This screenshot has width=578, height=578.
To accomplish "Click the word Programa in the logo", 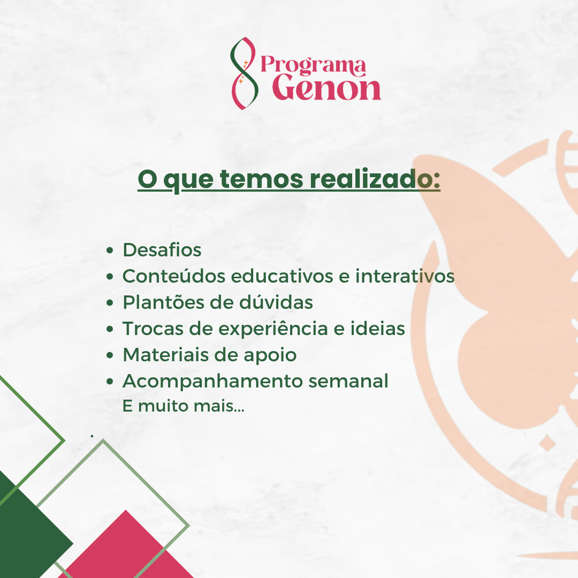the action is pos(313,65).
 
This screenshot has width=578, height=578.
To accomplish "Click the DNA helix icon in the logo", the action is pos(244,73).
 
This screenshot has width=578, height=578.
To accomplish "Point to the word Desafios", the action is pos(162,250).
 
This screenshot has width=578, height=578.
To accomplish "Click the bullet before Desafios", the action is pos(110,250).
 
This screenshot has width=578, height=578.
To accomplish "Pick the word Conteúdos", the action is pos(174,276).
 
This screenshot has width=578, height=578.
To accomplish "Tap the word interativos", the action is pos(405,276).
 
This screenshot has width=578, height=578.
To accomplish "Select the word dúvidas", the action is pos(276,302).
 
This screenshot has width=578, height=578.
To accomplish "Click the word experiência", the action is pos(273,329).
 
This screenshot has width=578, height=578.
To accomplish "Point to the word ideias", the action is pos(377,329).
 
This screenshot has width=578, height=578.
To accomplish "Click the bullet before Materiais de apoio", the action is pos(110,355).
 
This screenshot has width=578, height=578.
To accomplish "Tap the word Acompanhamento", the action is pos(212,382).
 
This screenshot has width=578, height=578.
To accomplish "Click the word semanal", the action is pos(348,381).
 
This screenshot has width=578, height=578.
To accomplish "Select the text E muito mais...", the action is pos(183,406).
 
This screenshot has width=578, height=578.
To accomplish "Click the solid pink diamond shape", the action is pos(125,545).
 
